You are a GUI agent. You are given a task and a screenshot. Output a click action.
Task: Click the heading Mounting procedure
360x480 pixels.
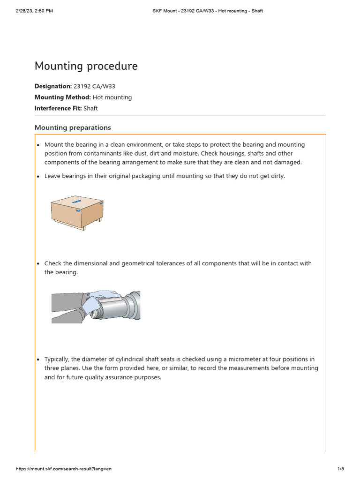point(86,66)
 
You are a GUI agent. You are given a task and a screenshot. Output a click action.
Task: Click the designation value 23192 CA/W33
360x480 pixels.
point(95,86)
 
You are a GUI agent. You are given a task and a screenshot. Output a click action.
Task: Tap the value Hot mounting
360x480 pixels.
point(112,97)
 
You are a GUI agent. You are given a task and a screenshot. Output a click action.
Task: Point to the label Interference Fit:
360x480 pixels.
point(58,108)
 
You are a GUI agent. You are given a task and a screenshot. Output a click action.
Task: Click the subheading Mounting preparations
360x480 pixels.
point(73,127)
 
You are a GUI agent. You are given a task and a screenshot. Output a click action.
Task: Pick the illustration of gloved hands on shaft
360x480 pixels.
point(96,307)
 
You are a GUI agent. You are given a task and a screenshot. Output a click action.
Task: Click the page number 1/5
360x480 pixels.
point(341,469)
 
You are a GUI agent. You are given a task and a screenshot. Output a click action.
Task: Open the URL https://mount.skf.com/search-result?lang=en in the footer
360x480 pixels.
point(64,469)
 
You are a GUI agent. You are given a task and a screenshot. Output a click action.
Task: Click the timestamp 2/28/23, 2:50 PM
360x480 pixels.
point(34,11)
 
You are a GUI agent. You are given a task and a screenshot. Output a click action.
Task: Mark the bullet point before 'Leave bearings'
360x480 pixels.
point(38,177)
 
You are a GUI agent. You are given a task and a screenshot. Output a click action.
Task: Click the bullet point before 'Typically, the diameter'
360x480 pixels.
point(38,360)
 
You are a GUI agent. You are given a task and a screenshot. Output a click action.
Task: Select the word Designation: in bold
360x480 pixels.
point(53,86)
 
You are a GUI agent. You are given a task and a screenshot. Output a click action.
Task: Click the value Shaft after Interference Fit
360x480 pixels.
point(90,108)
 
